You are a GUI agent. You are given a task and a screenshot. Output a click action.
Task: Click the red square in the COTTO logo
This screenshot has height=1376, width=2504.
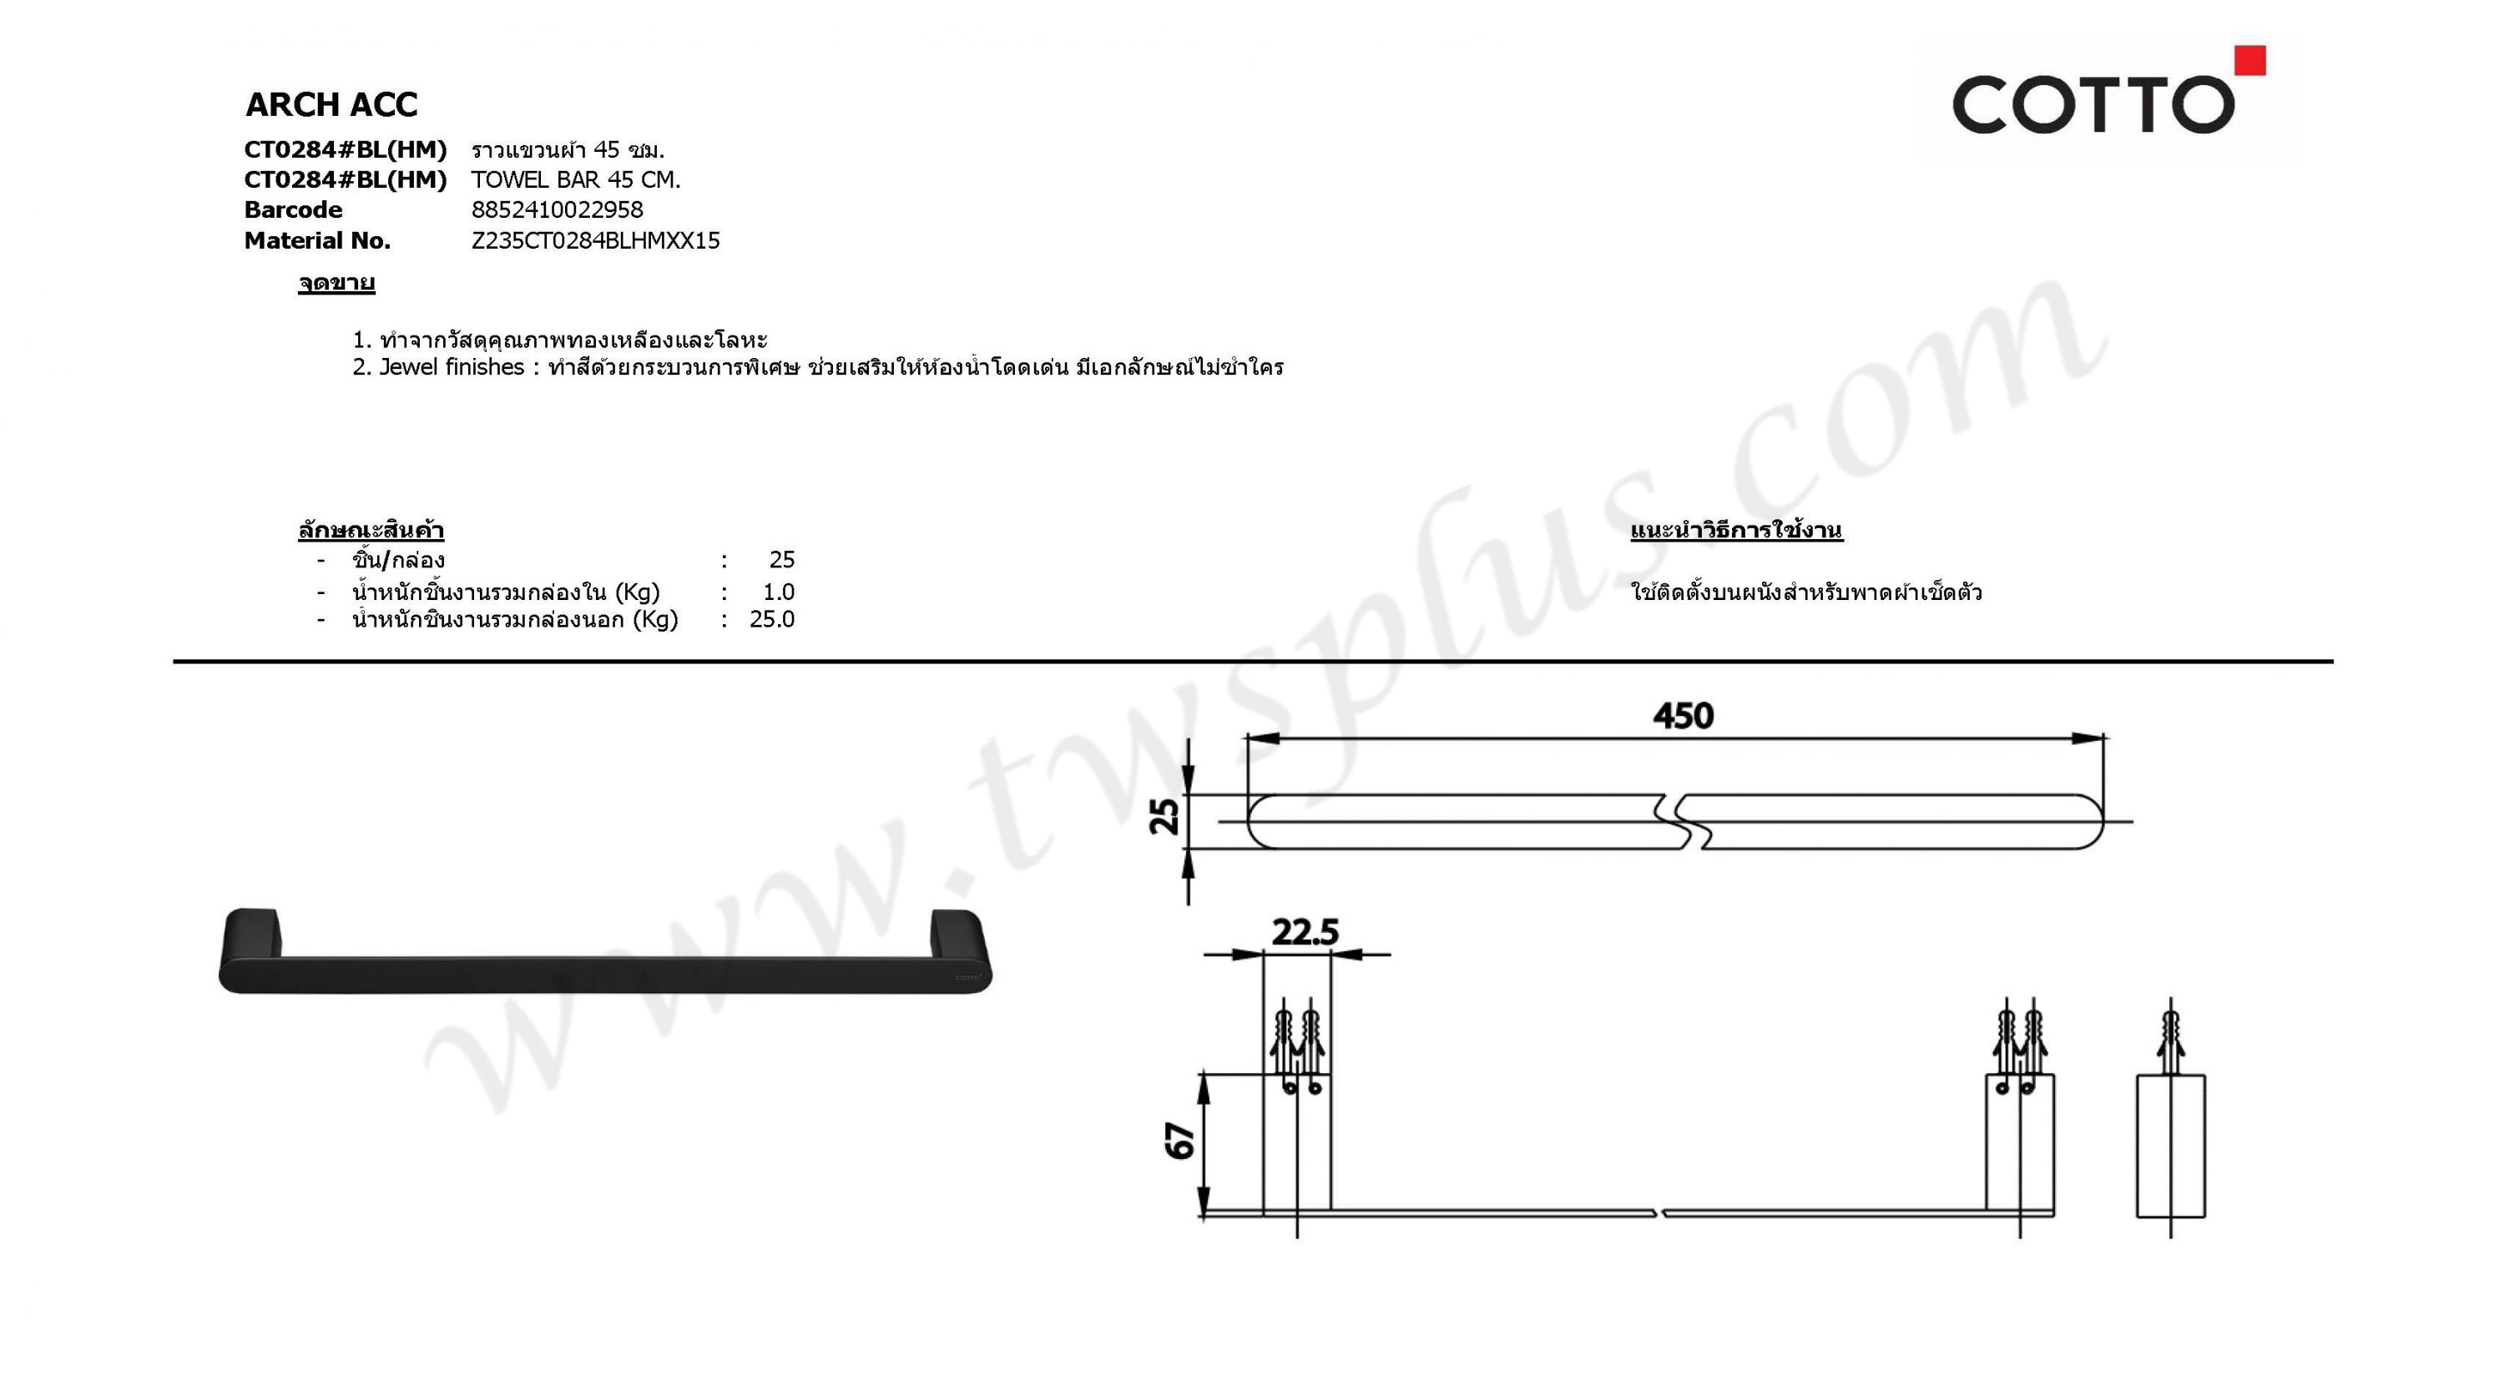(2249, 60)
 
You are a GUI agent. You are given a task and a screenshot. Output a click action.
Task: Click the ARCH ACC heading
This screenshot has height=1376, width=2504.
(331, 104)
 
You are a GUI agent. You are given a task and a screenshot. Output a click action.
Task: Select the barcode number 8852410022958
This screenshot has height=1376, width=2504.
(557, 210)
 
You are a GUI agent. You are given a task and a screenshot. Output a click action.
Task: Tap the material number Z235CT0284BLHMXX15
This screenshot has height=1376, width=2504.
(595, 241)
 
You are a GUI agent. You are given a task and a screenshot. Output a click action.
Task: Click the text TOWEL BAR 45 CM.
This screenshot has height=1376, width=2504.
(575, 179)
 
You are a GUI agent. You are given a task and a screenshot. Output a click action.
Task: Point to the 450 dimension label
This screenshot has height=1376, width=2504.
(1684, 716)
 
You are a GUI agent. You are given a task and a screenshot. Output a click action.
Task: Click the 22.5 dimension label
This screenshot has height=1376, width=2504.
(1305, 932)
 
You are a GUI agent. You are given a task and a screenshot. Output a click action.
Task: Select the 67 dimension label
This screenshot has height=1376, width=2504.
(1179, 1141)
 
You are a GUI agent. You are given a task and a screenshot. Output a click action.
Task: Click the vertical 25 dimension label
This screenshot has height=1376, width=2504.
(1164, 816)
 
